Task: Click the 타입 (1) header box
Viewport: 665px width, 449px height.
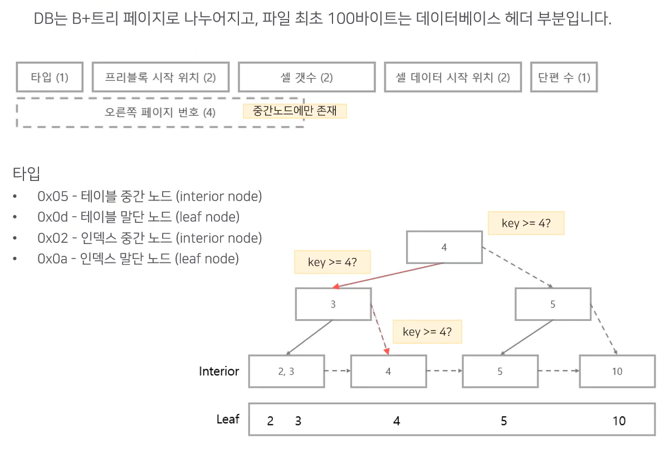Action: [x=50, y=77]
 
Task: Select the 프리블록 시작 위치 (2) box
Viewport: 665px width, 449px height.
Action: [x=160, y=77]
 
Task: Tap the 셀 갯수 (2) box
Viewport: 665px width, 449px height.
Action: [x=306, y=77]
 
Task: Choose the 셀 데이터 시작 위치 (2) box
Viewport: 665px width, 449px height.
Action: [x=452, y=77]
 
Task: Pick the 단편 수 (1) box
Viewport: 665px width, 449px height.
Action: [x=564, y=77]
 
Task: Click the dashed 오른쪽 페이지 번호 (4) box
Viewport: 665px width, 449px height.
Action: [x=160, y=112]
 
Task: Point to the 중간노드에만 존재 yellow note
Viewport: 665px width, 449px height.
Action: [x=295, y=111]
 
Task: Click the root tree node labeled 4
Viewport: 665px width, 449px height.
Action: [x=444, y=247]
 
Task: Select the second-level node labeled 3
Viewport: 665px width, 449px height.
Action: [x=333, y=304]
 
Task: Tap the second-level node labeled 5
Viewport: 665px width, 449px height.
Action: [x=552, y=304]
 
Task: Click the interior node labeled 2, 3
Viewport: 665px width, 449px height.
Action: [x=286, y=372]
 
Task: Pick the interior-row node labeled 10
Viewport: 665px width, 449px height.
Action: [x=617, y=372]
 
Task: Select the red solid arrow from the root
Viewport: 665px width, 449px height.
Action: [x=390, y=275]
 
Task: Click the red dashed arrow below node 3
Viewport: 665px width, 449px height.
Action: [x=379, y=329]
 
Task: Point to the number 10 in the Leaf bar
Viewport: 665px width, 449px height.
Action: [x=619, y=421]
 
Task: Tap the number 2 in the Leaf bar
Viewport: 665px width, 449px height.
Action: [x=270, y=421]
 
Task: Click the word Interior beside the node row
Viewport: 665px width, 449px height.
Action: [x=219, y=371]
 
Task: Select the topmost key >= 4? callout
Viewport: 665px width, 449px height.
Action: [x=526, y=223]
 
